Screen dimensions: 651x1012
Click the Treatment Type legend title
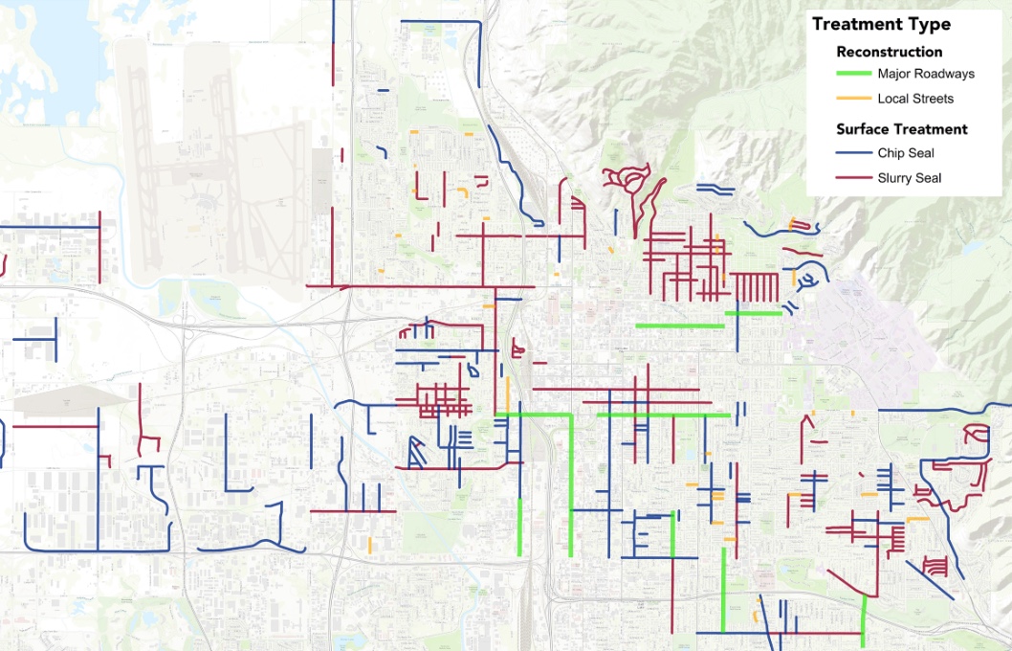[x=881, y=24]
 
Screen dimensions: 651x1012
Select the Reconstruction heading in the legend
[x=889, y=52]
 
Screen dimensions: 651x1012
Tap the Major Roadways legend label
[x=926, y=74]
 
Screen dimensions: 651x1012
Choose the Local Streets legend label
[x=915, y=99]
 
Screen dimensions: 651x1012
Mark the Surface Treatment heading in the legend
[x=901, y=129]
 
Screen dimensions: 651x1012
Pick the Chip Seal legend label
[x=905, y=153]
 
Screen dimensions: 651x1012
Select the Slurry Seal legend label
[x=909, y=178]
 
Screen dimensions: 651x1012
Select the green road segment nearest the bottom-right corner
[x=864, y=620]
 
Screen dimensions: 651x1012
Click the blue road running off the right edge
[x=947, y=410]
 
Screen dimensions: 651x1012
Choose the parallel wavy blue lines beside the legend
[x=715, y=189]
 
